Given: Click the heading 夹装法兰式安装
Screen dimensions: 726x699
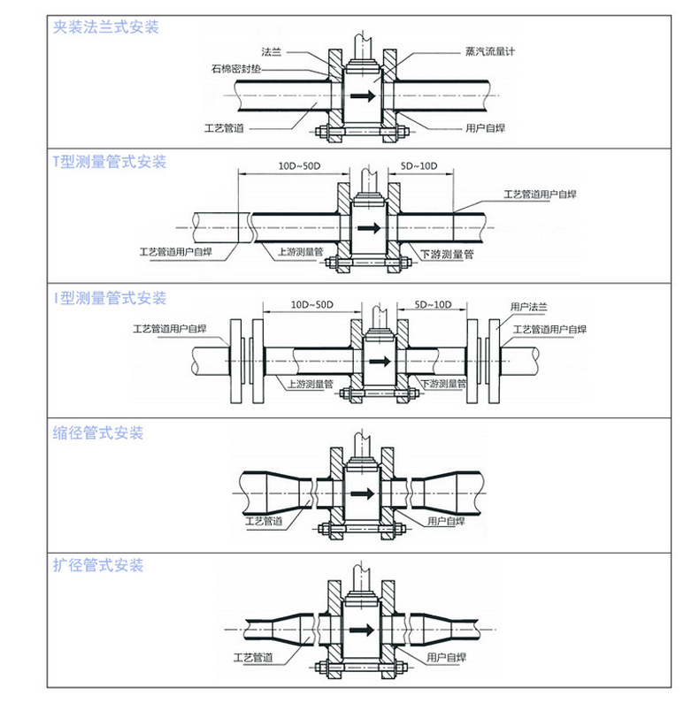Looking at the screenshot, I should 106,27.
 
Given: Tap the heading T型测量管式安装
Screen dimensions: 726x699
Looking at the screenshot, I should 110,163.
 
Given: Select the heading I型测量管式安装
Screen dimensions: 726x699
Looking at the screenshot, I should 110,298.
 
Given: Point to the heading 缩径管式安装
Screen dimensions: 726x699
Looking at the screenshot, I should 98,433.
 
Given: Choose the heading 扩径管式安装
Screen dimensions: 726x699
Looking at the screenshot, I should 98,565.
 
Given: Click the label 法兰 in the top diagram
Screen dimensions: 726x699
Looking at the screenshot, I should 272,52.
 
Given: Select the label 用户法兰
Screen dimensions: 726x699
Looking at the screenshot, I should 529,307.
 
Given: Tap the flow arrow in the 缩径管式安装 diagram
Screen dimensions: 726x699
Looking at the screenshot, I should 360,493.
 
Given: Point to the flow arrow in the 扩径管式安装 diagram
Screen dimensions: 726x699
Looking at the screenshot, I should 360,630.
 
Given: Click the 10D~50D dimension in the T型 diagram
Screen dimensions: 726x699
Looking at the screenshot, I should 298,165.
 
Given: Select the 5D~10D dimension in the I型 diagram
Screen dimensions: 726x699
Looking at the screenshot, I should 434,305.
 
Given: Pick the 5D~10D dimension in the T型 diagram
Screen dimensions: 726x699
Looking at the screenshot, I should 419,165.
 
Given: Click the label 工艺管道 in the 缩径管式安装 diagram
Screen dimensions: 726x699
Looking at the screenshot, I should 264,522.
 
